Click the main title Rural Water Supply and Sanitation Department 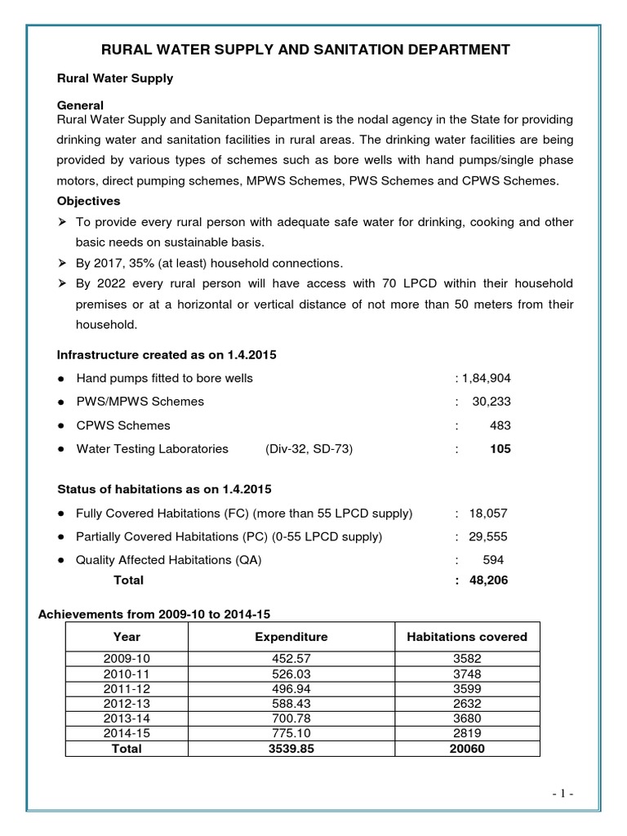click(x=305, y=51)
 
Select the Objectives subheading click(x=88, y=201)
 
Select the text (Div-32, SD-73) click(x=309, y=449)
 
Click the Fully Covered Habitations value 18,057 click(x=488, y=514)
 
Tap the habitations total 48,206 click(x=488, y=580)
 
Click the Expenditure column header click(x=291, y=637)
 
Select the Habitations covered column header click(x=467, y=637)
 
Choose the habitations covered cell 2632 click(x=467, y=704)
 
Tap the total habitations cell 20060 click(x=467, y=749)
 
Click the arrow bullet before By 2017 click(x=62, y=263)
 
